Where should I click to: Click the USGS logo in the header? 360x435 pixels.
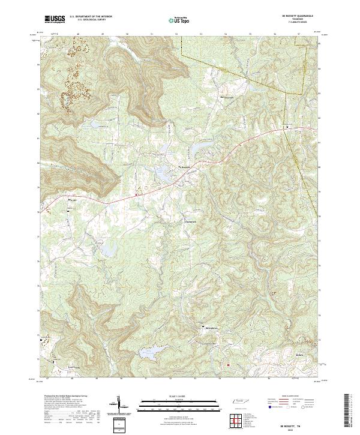(55, 19)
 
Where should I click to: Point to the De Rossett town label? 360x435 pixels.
(185, 167)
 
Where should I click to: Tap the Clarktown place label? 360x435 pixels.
(190, 221)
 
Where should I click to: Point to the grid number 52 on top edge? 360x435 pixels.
(176, 34)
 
